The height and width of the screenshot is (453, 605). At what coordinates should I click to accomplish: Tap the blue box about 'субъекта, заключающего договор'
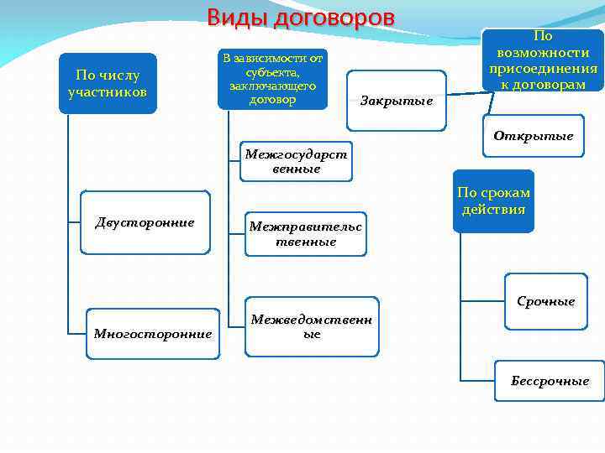(x=272, y=79)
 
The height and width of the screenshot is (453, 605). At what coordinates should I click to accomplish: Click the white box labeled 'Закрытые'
(x=397, y=101)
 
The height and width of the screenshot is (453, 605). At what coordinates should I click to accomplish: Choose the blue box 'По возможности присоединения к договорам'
(x=544, y=60)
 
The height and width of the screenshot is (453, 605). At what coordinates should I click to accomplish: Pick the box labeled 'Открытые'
(x=534, y=136)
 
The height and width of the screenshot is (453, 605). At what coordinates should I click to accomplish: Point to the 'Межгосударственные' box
(x=296, y=161)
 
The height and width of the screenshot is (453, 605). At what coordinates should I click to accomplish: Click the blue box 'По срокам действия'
(x=493, y=200)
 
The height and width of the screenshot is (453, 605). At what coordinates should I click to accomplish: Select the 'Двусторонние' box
(x=145, y=222)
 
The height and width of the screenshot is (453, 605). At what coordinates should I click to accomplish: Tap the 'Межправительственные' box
(x=305, y=234)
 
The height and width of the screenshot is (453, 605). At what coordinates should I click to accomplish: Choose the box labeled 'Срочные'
(x=545, y=301)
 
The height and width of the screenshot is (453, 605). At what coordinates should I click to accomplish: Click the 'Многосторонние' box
(x=152, y=333)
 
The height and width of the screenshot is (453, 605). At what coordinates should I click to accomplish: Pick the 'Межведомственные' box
(x=312, y=326)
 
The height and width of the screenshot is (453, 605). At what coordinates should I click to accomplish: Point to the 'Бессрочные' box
(x=550, y=381)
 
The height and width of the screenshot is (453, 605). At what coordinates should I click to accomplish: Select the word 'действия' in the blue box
(x=493, y=209)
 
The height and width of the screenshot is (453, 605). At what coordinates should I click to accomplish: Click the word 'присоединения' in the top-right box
(x=544, y=68)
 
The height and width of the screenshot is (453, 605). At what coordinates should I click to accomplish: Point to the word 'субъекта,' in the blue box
(x=272, y=71)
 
